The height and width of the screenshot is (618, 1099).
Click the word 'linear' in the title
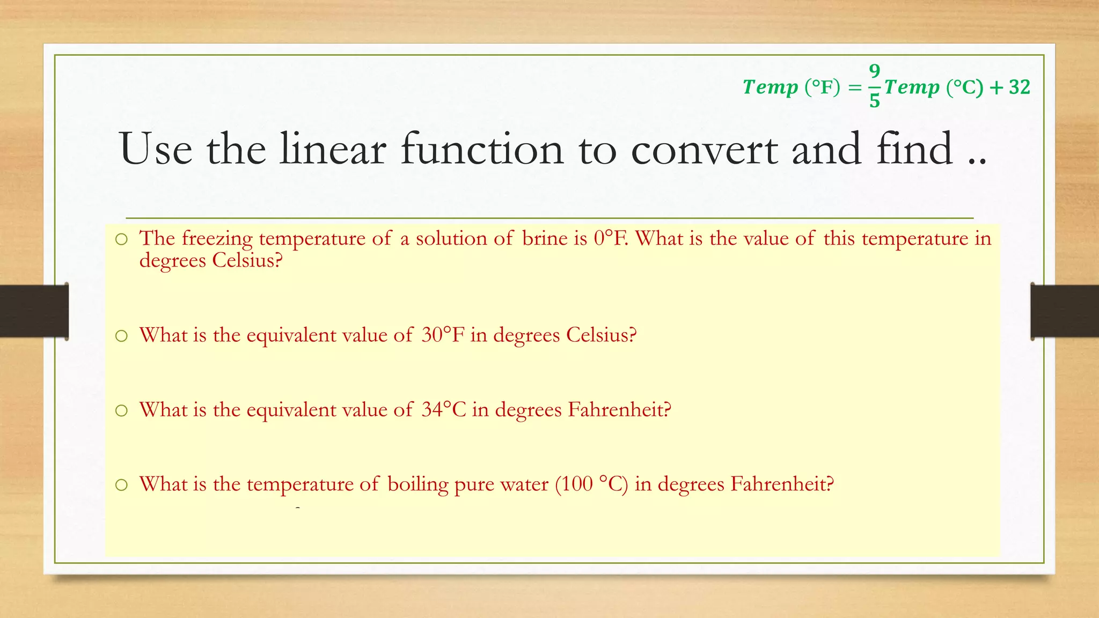333,149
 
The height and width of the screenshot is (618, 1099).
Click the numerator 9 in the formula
875,71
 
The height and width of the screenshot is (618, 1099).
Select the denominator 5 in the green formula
875,101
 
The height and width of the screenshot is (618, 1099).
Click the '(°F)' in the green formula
822,87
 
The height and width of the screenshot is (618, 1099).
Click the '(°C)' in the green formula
965,87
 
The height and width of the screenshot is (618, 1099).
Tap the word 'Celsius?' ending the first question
247,260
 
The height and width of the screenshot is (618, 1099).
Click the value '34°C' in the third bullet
443,409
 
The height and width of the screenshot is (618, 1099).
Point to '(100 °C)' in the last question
591,484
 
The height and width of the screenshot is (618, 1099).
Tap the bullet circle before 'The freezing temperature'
122,240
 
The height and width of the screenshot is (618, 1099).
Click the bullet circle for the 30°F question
122,336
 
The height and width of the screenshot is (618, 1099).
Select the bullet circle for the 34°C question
122,411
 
